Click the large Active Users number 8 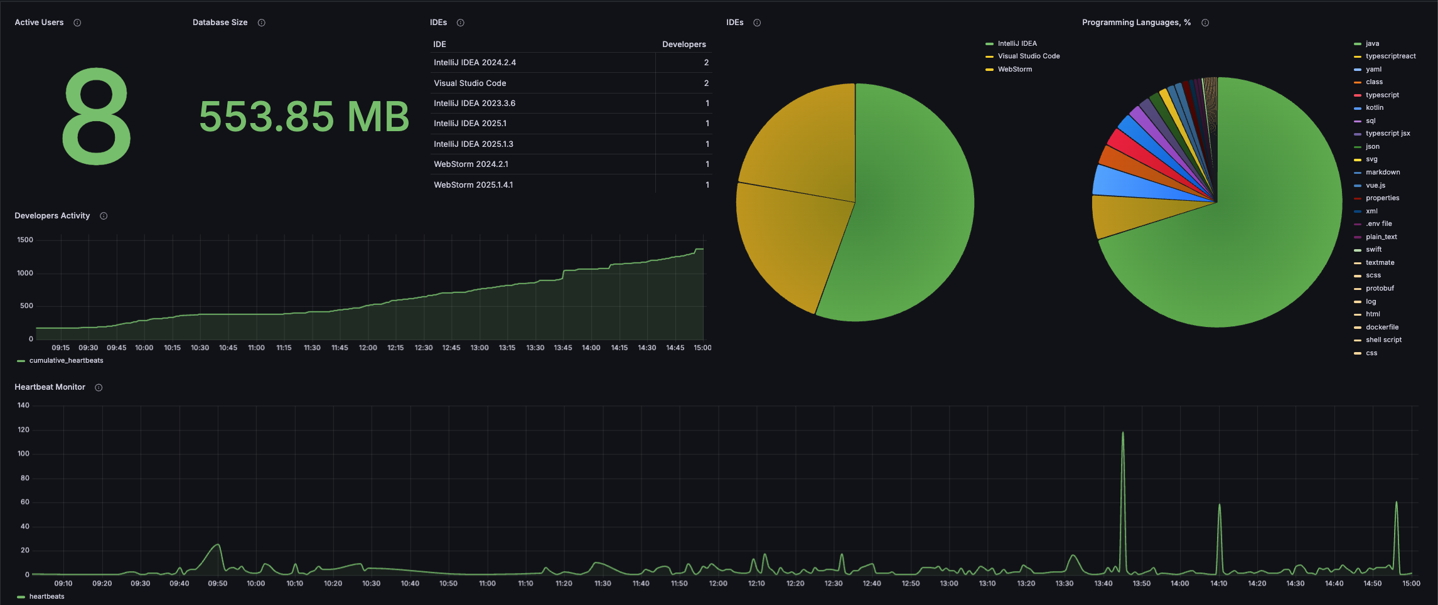[x=97, y=117]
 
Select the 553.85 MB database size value [x=304, y=117]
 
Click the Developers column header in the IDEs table [x=684, y=44]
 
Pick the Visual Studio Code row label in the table [x=470, y=83]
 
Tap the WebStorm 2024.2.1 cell [x=471, y=164]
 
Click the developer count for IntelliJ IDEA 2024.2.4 [x=706, y=63]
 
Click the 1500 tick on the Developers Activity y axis [x=25, y=240]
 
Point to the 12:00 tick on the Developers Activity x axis [x=368, y=348]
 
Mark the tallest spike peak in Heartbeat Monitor [x=1123, y=432]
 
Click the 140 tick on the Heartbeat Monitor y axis [x=23, y=405]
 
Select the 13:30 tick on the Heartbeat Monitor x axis [x=1065, y=584]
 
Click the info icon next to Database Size [x=262, y=23]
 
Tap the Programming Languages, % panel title [x=1136, y=23]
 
